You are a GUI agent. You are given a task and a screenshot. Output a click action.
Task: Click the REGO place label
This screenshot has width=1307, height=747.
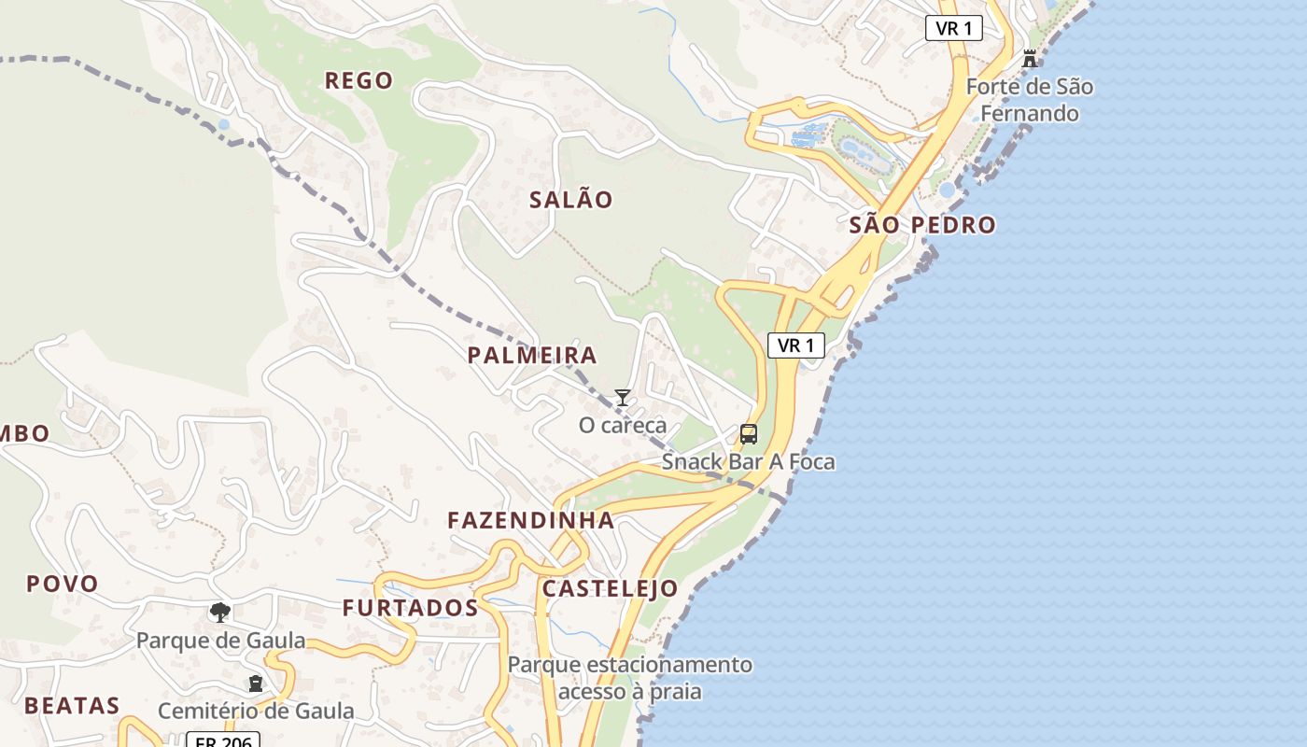(x=358, y=81)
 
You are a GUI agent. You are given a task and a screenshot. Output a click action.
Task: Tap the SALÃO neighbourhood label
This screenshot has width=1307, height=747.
(x=571, y=200)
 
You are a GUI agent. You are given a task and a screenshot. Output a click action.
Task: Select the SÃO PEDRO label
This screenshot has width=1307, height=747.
(x=922, y=225)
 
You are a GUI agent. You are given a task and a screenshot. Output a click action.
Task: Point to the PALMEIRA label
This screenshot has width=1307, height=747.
(x=532, y=356)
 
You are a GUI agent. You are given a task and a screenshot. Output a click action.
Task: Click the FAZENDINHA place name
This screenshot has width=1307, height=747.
(x=531, y=521)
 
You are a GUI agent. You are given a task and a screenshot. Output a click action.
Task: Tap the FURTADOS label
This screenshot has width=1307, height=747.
(x=410, y=609)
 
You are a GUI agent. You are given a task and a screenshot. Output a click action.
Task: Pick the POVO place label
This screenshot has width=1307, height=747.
(x=63, y=585)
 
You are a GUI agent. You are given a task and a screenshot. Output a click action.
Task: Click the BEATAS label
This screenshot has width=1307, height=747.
(x=73, y=706)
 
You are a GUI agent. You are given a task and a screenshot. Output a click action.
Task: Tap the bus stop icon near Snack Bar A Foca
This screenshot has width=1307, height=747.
(x=749, y=434)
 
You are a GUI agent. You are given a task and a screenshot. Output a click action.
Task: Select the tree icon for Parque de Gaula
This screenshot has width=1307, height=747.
(x=220, y=613)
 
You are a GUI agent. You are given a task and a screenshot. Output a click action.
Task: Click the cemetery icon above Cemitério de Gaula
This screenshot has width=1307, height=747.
(x=255, y=684)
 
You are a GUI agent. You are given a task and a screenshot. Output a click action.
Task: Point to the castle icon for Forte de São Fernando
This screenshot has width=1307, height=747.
(x=1030, y=59)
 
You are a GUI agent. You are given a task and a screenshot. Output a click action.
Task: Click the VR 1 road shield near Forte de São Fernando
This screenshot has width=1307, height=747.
(x=954, y=28)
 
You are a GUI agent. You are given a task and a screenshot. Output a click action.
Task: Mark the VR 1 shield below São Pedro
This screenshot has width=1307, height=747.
(x=796, y=345)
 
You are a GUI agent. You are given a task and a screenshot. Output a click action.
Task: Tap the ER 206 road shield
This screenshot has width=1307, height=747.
(x=222, y=740)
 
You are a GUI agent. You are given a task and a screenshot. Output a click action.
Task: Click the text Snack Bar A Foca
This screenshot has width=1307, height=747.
(x=749, y=461)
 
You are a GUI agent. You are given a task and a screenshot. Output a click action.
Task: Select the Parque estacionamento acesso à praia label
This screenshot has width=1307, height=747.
(x=630, y=679)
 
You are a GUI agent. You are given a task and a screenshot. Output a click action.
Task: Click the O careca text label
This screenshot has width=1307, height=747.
(x=623, y=426)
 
